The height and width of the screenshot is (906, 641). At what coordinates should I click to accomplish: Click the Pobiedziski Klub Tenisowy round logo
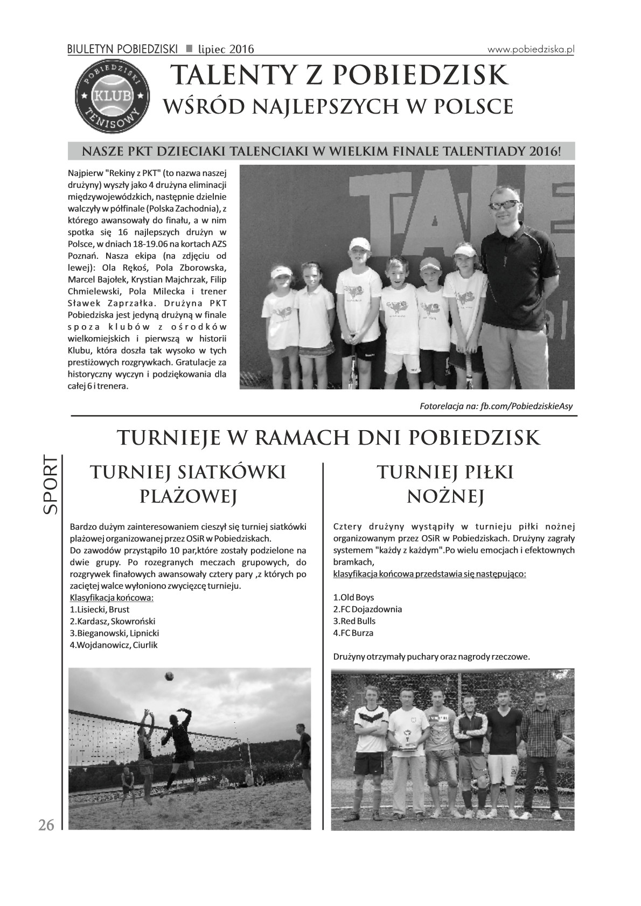click(x=112, y=95)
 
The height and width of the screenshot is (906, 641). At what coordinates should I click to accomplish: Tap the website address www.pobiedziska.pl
click(x=531, y=49)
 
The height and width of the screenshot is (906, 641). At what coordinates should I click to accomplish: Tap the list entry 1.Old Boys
click(x=353, y=597)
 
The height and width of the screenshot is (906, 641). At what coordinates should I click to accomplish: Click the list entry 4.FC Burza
click(x=353, y=633)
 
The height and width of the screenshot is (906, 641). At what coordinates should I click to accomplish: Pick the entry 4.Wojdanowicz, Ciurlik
click(x=114, y=645)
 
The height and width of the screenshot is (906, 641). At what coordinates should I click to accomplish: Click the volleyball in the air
click(x=169, y=676)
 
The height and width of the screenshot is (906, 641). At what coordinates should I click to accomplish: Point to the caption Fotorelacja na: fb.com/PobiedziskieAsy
click(x=496, y=406)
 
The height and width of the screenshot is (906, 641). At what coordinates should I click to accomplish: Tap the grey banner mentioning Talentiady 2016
click(x=321, y=151)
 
